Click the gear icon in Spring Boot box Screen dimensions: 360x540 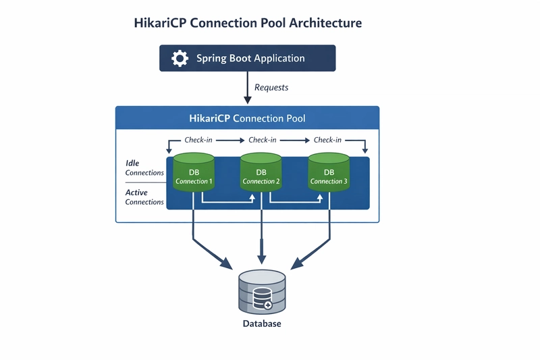(180, 58)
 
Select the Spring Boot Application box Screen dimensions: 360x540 (247, 58)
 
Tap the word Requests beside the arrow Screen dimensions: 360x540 (271, 87)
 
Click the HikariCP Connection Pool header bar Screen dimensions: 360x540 (247, 118)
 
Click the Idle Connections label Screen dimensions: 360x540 (144, 168)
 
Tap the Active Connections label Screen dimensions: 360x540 (144, 197)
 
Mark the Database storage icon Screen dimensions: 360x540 (262, 292)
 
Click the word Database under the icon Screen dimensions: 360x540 (262, 324)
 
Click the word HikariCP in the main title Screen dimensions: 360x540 (162, 23)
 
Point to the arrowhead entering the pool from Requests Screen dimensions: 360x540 (247, 100)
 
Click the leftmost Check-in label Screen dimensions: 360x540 (200, 140)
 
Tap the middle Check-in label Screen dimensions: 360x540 (263, 140)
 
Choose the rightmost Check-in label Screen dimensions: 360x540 (327, 140)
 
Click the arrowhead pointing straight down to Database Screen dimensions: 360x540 (262, 259)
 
